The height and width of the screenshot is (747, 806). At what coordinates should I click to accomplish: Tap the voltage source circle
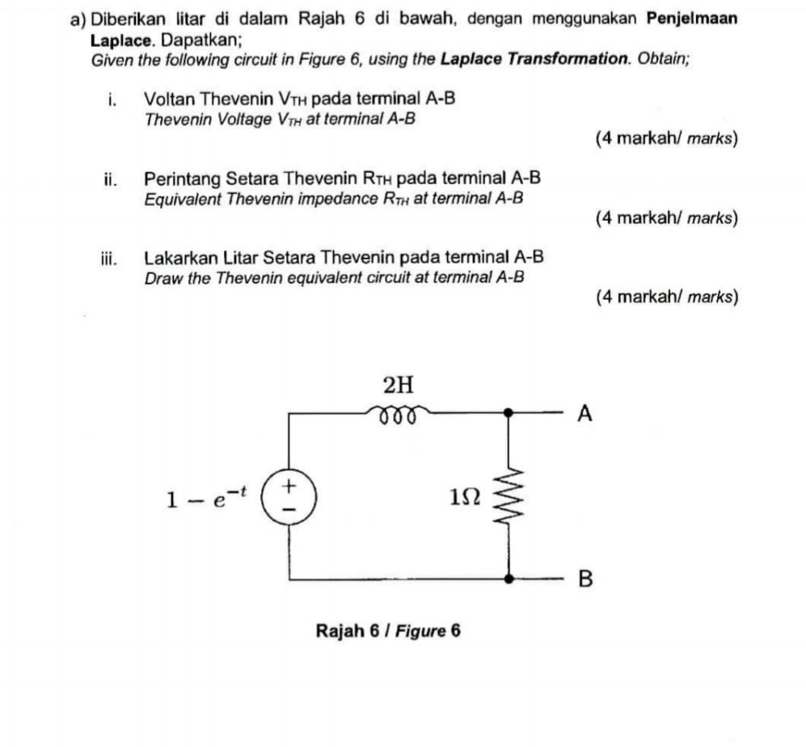point(289,495)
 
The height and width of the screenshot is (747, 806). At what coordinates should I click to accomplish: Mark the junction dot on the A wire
point(508,412)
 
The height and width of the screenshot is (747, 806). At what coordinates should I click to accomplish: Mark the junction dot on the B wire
point(508,579)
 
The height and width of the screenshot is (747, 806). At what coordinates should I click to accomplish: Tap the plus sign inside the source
point(289,484)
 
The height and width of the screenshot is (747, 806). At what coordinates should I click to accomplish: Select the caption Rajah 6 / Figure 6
point(388,630)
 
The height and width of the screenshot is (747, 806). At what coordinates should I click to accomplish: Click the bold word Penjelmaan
point(692,19)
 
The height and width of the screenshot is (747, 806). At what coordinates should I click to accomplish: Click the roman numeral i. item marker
point(112,100)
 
